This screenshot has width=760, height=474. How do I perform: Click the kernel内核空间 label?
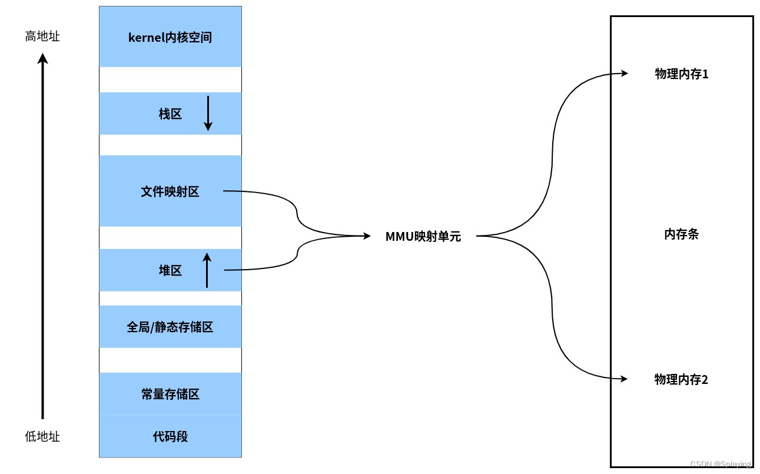[x=170, y=38]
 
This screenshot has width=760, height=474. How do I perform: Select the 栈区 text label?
[x=170, y=114]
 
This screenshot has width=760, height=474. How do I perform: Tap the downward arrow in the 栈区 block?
[x=208, y=114]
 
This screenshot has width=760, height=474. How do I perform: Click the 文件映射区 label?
[x=170, y=191]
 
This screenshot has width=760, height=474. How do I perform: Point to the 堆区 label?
[x=170, y=270]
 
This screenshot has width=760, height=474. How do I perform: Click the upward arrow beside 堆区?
[x=207, y=270]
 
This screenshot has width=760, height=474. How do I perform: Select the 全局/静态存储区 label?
[x=170, y=327]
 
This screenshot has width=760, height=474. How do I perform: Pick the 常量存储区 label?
[x=170, y=394]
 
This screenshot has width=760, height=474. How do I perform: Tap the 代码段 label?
[x=170, y=436]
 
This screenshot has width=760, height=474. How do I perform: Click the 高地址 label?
[x=42, y=37]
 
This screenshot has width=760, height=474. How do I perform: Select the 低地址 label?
[x=42, y=436]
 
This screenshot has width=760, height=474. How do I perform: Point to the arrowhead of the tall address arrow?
[x=42, y=58]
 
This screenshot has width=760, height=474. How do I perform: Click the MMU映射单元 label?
[x=423, y=237]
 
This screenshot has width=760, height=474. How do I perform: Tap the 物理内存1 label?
[x=681, y=74]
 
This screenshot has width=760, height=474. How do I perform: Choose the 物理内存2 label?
[x=681, y=379]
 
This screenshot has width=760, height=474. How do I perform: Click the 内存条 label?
[x=681, y=234]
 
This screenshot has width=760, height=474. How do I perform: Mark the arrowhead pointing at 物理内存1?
[x=625, y=74]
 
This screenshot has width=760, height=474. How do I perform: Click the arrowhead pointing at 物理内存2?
[x=625, y=378]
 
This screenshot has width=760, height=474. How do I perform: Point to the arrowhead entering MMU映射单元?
[x=367, y=236]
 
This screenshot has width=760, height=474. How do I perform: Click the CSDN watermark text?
[x=721, y=464]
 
